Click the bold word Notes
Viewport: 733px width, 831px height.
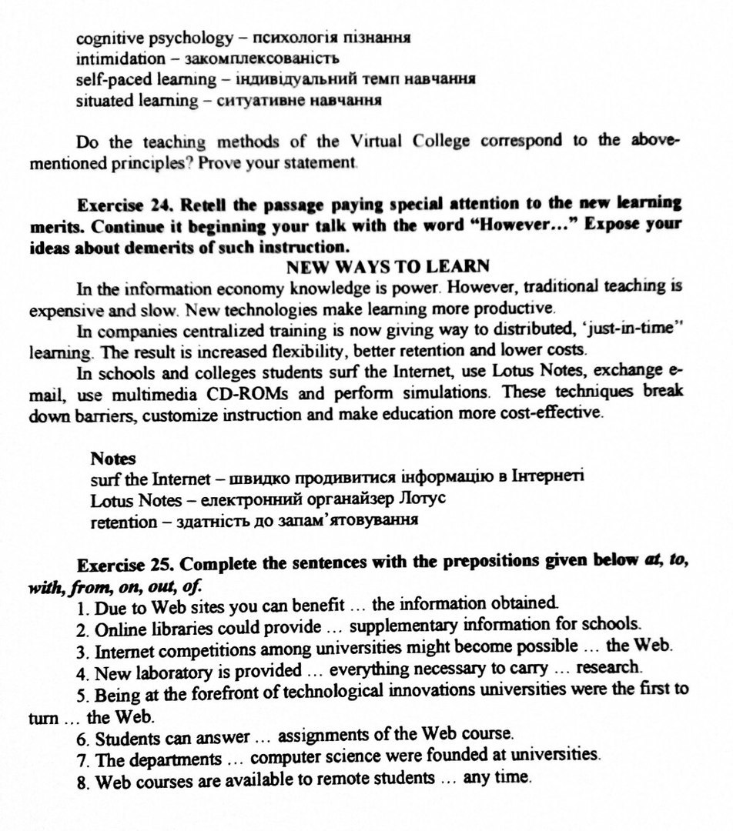(x=113, y=459)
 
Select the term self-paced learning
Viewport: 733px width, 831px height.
(x=146, y=79)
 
